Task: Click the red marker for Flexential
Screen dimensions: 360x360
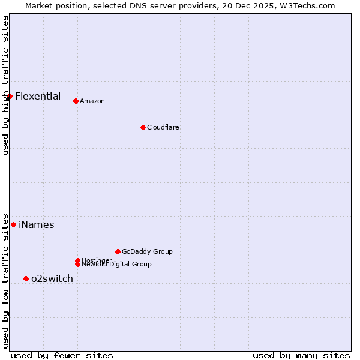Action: tap(10, 96)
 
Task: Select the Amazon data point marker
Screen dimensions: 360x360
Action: tap(76, 101)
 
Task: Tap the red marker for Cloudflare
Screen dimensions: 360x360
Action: tap(143, 127)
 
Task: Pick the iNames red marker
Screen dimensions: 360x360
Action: tap(13, 224)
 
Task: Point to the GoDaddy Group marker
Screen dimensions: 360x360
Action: tap(118, 251)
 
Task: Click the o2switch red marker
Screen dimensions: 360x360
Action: tap(26, 278)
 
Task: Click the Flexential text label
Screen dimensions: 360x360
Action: tap(38, 96)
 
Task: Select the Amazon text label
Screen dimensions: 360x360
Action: tap(92, 101)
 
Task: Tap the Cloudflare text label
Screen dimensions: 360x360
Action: tap(163, 127)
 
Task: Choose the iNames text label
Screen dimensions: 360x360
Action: tap(37, 224)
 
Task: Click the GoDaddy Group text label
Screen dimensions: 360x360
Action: tap(147, 251)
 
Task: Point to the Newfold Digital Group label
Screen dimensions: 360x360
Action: tap(117, 265)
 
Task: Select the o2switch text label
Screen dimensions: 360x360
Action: tap(52, 278)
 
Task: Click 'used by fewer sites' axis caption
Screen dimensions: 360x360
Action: tap(62, 355)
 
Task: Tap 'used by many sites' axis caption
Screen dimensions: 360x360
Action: tap(301, 355)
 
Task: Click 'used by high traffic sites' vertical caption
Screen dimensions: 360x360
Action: tap(5, 85)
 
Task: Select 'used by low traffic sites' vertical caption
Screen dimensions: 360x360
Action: tap(5, 280)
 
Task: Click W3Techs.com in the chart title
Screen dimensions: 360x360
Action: tap(310, 5)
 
